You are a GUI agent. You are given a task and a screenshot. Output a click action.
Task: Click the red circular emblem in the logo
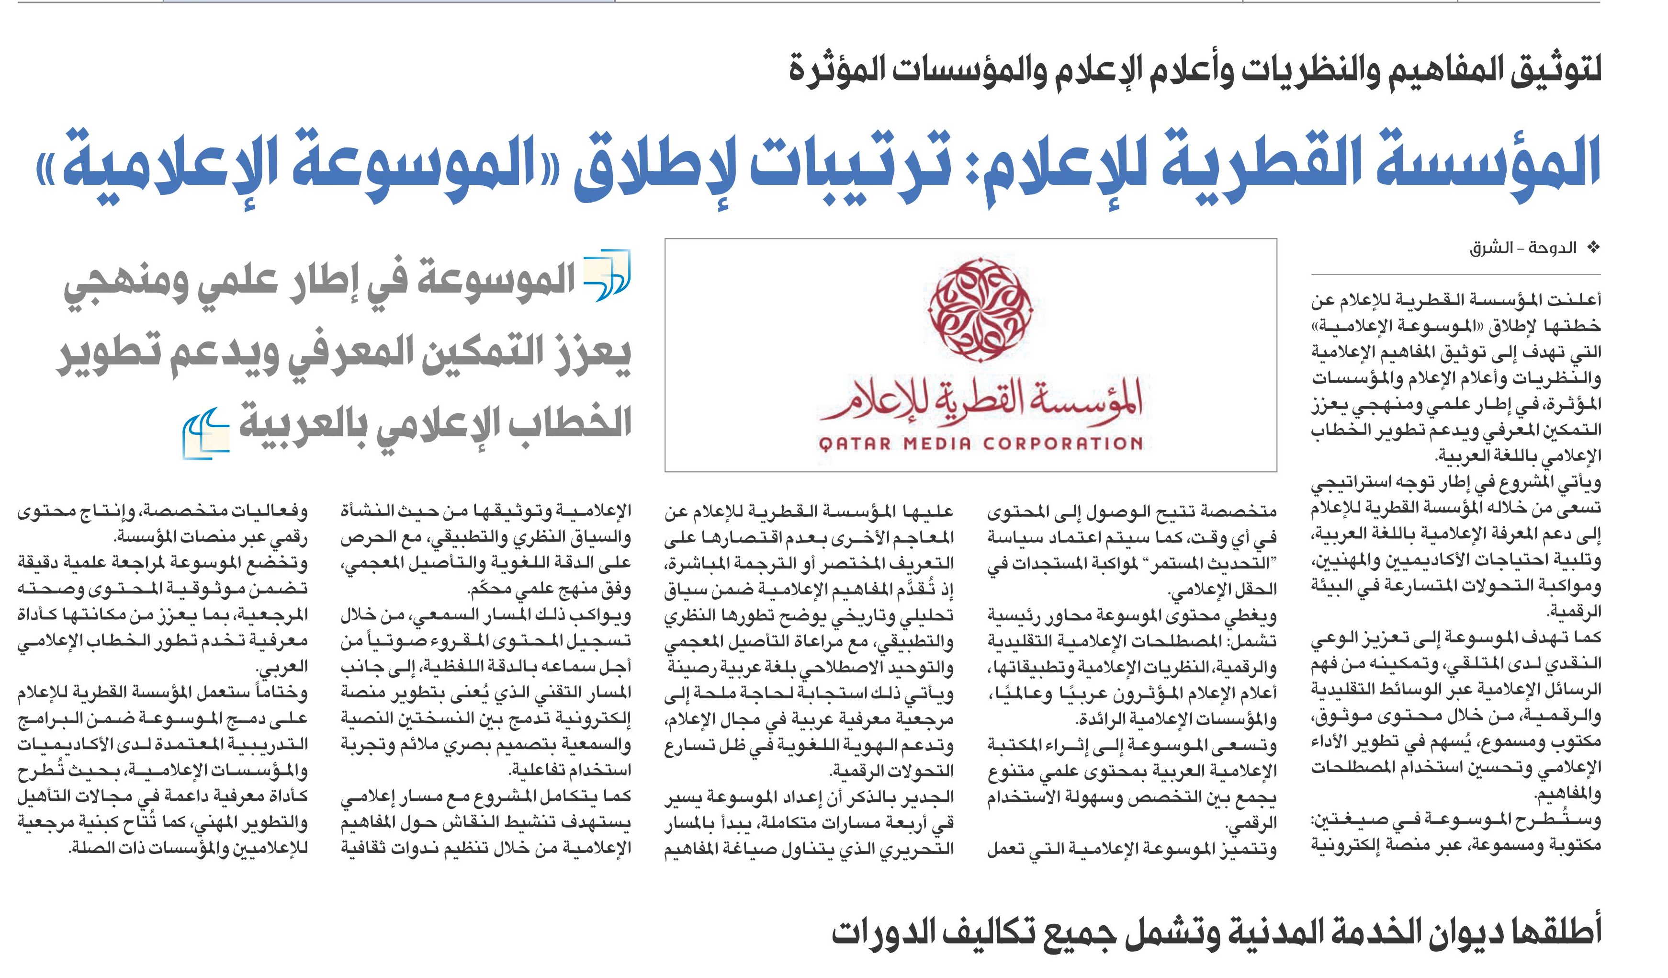pos(980,309)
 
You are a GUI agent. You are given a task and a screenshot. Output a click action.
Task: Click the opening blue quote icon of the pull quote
pos(607,275)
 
